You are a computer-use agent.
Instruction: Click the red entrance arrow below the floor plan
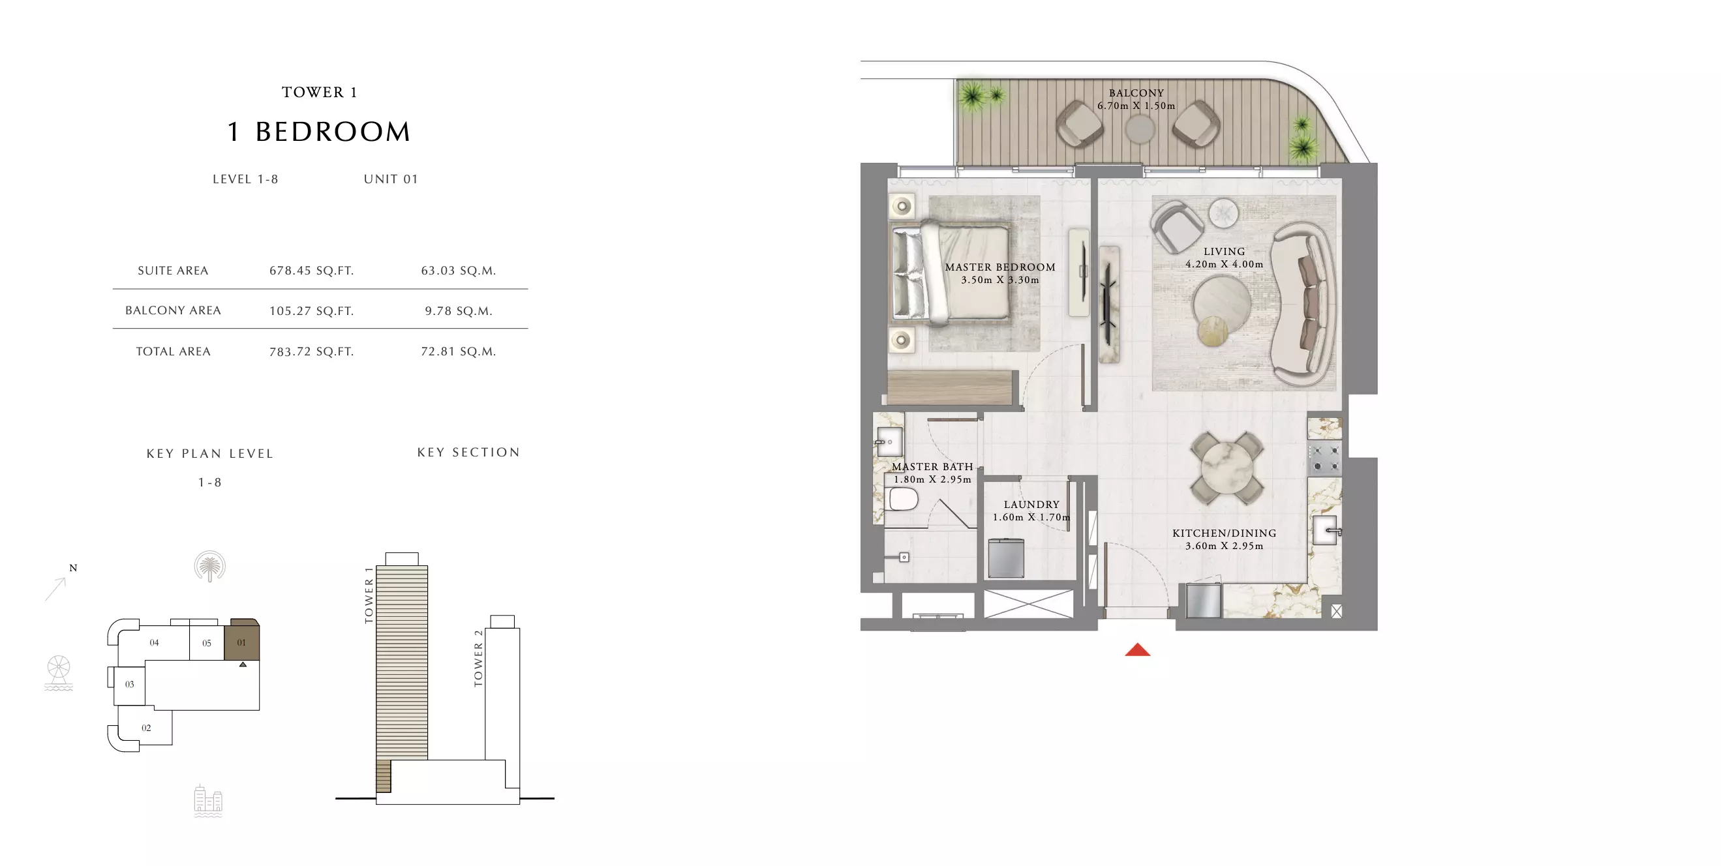[1137, 649]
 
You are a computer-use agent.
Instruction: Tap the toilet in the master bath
[902, 499]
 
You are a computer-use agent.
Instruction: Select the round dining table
[1227, 468]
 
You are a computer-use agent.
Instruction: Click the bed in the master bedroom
[951, 274]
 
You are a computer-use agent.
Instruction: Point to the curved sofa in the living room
[1303, 304]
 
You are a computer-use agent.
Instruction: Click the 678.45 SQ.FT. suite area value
[311, 271]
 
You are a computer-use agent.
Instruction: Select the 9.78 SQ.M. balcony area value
[459, 310]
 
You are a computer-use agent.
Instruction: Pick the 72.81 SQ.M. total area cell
[459, 351]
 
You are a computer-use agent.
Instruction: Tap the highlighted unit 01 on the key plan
[241, 641]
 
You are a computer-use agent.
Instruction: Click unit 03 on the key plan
[130, 684]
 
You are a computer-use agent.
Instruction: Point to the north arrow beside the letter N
[55, 590]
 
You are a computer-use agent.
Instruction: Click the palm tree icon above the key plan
[210, 566]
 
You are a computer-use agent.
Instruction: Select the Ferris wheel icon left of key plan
[59, 672]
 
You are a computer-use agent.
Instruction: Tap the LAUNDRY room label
[1031, 505]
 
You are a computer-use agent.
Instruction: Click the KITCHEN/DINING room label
[1224, 533]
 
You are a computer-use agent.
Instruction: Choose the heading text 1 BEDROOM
[320, 132]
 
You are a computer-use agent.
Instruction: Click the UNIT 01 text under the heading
[391, 179]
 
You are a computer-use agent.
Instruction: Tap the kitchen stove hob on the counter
[1325, 458]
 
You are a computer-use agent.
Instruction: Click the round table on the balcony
[1139, 129]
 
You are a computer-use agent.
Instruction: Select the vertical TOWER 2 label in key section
[478, 658]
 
